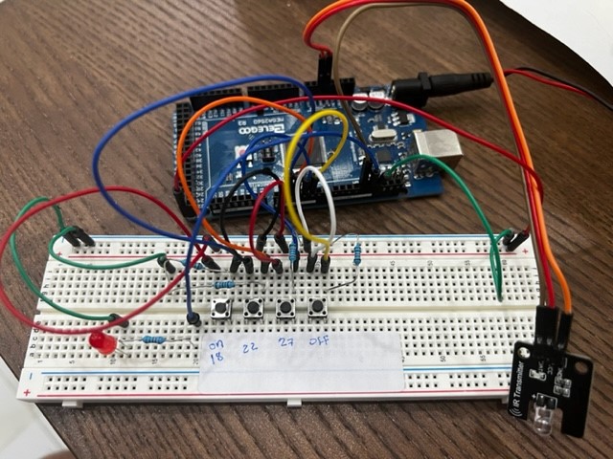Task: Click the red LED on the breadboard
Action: [100, 342]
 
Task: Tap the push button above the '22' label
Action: [254, 308]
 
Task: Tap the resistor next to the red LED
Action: [153, 339]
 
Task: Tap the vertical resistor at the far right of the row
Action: [356, 253]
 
